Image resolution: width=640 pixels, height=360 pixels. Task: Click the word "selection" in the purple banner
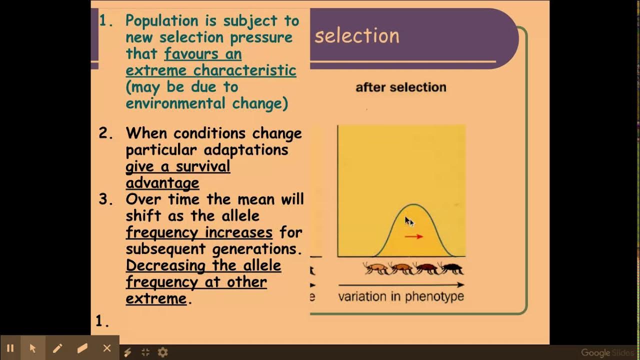point(356,36)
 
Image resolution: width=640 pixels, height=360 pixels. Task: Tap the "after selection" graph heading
point(400,87)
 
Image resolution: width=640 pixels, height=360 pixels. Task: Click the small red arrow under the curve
point(413,236)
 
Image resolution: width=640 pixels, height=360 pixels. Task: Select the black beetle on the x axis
point(451,268)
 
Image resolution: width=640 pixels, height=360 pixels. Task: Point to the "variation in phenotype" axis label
point(401,296)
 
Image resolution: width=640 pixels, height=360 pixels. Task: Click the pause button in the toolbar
point(10,348)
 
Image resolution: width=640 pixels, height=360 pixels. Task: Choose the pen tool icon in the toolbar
point(57,348)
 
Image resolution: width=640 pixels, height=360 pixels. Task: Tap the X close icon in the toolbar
point(106,348)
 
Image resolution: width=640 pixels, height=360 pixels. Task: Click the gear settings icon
point(162,352)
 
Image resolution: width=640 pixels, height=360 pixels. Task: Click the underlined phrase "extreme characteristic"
point(210,70)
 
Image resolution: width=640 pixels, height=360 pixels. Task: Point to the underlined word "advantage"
point(162,182)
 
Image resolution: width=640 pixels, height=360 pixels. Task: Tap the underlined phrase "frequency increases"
point(199,232)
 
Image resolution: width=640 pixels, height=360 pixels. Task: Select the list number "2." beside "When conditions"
point(106,133)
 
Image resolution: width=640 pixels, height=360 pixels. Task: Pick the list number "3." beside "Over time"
point(106,199)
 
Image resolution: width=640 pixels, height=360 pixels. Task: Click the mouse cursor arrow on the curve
point(408,221)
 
